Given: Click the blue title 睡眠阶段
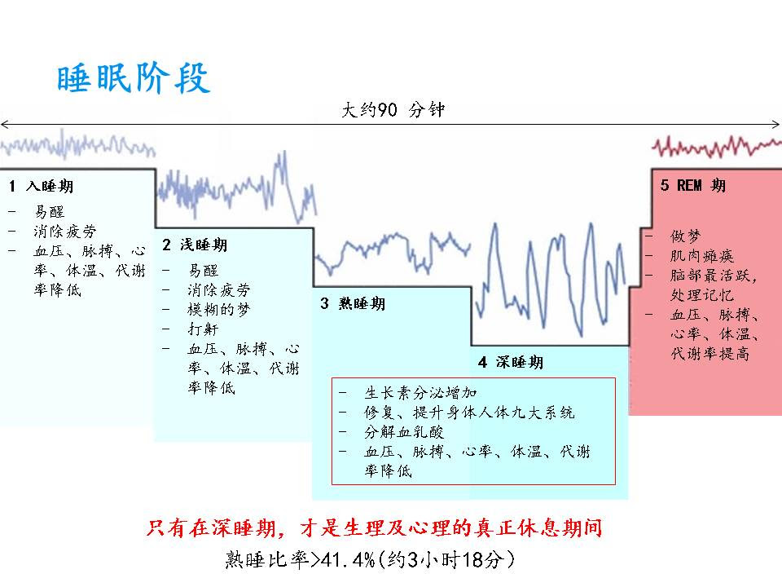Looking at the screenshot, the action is tap(133, 78).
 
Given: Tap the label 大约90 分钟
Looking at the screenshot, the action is tap(393, 109).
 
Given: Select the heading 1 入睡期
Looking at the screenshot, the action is tap(42, 186).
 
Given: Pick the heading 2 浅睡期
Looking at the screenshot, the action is tap(195, 245).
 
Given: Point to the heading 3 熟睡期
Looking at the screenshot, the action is tap(353, 303).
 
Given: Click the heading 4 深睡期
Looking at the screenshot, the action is tap(511, 362).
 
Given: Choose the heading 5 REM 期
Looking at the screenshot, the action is tap(693, 185).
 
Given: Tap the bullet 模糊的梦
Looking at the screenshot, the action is tap(218, 310).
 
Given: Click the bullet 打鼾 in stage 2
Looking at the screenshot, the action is tap(203, 329).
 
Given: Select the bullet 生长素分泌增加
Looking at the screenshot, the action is tap(420, 393).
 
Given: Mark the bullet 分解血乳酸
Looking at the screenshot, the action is tap(404, 432).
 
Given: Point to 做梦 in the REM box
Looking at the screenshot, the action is tap(686, 236).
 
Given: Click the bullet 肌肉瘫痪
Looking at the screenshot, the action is tap(701, 255).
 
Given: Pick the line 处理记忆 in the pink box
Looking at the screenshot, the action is tap(701, 295).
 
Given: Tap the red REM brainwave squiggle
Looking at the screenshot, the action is tap(717, 146).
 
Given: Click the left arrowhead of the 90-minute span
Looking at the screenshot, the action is tap(3, 124).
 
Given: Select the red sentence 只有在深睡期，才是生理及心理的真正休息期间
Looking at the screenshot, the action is tap(374, 527).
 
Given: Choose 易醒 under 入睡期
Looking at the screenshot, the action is tap(50, 212).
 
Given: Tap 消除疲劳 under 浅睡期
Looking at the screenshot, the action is tap(218, 290).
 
